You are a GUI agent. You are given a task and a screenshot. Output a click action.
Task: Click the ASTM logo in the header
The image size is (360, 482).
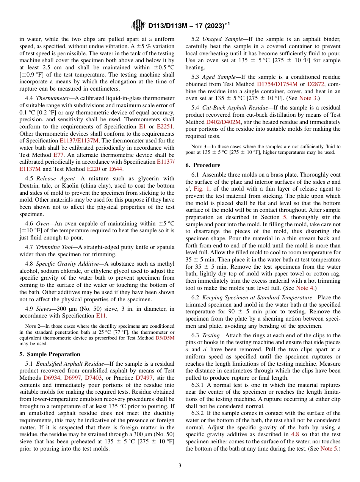138,25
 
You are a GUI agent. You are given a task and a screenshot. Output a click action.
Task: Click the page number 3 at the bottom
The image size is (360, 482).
180,466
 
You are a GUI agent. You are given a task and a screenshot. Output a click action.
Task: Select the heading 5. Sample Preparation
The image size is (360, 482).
50,354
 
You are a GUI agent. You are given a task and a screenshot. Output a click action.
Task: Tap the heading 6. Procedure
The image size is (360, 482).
203,165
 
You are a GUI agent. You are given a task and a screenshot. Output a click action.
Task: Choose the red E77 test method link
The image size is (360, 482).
58,155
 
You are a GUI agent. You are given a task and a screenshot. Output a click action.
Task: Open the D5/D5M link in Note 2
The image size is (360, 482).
165,338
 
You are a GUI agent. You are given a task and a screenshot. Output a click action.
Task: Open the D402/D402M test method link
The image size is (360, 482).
223,122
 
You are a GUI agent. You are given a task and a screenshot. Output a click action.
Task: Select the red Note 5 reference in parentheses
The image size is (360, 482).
329,448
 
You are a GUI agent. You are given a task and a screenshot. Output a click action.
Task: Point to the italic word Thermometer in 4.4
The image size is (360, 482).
53,98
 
